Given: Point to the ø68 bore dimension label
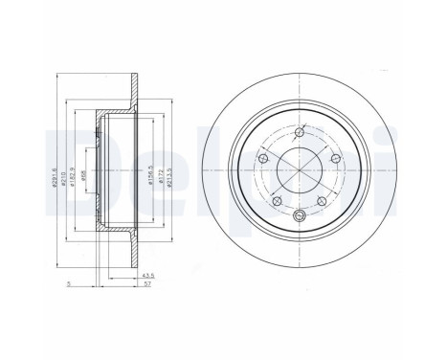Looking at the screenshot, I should (x=87, y=177).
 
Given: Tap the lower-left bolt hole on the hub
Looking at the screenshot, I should (x=275, y=202).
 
